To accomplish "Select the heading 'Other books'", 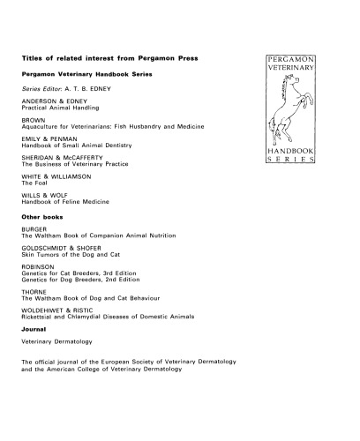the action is (41, 215).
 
